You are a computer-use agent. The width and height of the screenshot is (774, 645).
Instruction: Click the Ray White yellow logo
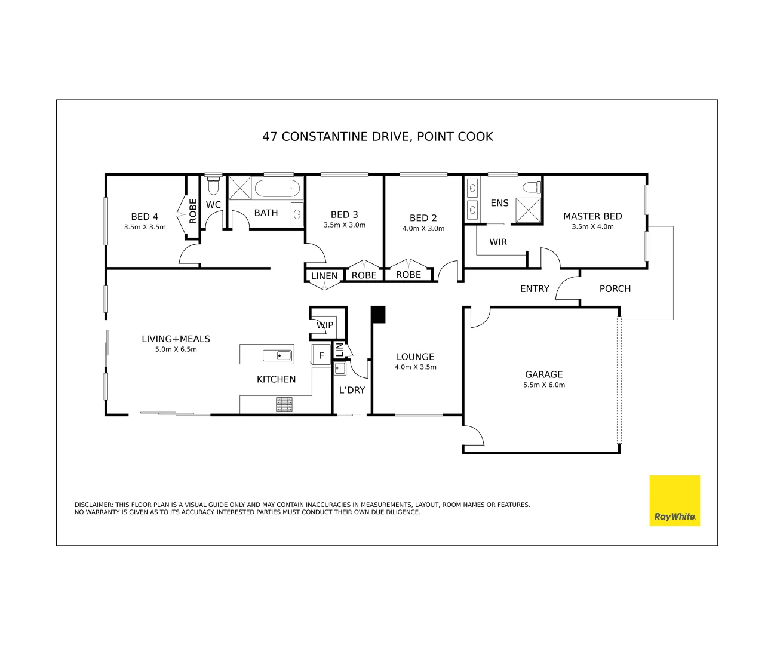point(674,500)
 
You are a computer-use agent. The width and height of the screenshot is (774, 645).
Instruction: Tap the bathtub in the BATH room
point(277,189)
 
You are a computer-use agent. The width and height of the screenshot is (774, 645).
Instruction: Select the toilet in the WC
point(213,185)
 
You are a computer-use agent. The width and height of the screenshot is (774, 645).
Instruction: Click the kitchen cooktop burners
point(284,405)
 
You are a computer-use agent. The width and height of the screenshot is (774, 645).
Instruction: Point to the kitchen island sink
point(278,356)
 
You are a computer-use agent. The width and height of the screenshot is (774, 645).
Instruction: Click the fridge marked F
point(321,355)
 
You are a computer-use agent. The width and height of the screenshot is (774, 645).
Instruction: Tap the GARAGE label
point(543,374)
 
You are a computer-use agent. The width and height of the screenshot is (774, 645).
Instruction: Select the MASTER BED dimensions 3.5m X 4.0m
point(592,227)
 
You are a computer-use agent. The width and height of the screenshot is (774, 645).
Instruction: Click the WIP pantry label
point(325,325)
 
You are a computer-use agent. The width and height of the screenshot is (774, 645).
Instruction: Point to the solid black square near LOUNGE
point(378,314)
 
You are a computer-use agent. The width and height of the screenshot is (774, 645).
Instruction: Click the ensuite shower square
point(528,210)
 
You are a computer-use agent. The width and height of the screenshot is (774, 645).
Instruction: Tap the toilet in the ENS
point(532,187)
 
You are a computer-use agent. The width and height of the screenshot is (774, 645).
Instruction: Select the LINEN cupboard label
point(324,276)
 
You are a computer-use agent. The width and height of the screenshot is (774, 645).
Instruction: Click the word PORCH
point(615,288)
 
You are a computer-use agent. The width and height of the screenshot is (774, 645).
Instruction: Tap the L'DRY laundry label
point(352,390)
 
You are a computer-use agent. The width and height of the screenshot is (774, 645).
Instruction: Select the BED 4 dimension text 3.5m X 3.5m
point(145,227)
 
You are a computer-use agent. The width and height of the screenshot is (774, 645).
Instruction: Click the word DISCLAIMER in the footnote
point(93,505)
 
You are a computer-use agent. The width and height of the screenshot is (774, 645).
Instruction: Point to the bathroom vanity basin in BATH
point(297,214)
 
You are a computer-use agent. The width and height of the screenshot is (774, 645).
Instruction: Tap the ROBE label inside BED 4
point(193,211)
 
